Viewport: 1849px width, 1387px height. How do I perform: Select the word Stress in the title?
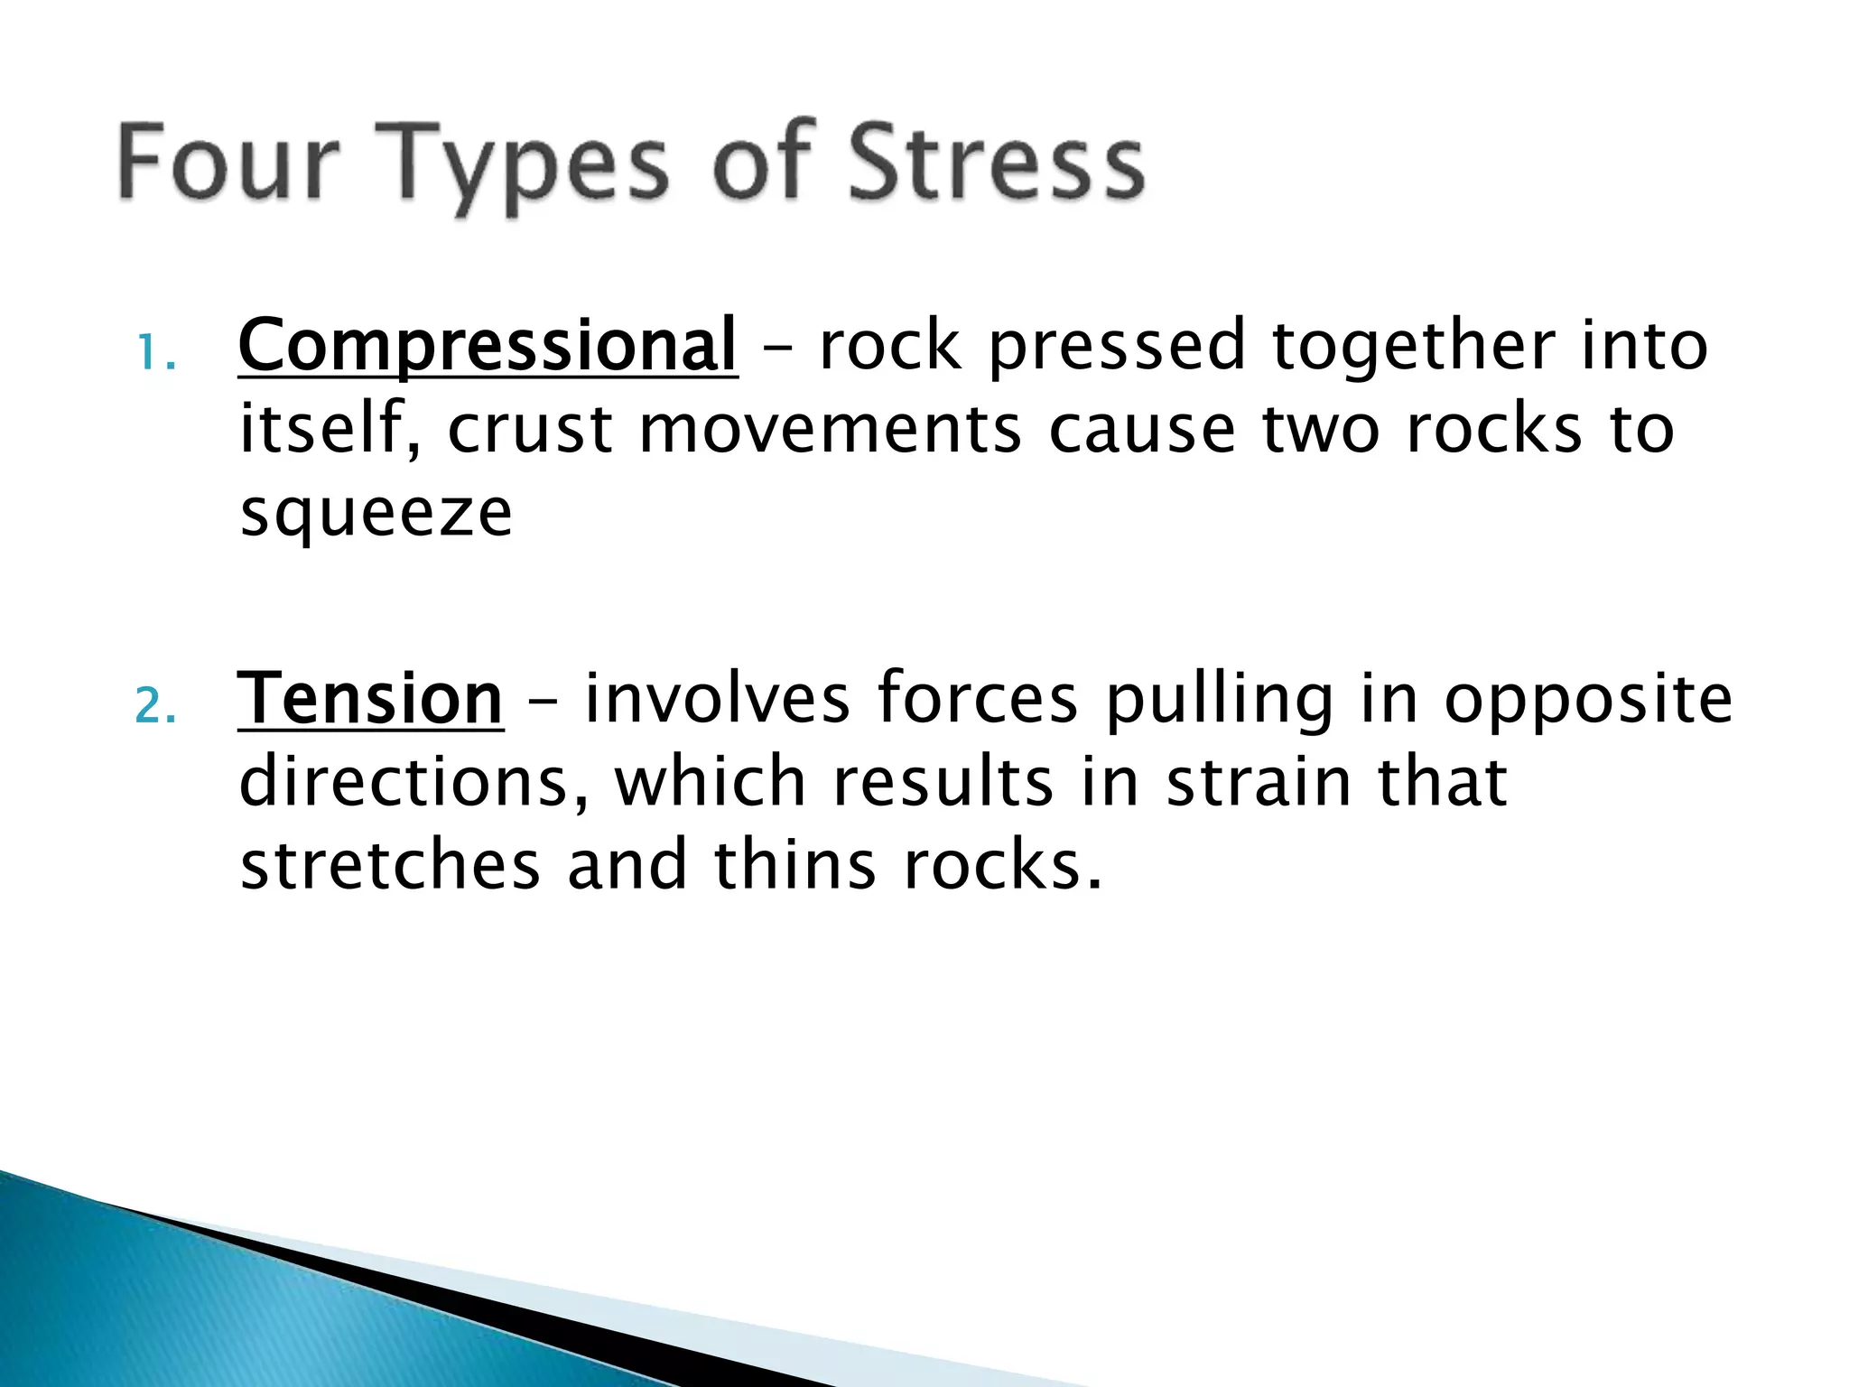pos(997,163)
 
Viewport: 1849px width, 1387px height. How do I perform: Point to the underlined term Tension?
pos(370,701)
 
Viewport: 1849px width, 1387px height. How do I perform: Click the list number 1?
pos(155,352)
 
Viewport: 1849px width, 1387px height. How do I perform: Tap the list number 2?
pos(155,706)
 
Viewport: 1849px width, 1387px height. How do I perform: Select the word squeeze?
pos(376,515)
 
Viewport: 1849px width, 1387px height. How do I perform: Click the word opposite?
pos(1588,701)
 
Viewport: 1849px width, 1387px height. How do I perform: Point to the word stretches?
pos(390,865)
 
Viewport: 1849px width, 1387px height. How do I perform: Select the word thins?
pos(794,865)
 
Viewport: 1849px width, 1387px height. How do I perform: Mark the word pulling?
pos(1219,701)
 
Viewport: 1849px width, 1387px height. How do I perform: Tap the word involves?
pos(718,699)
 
